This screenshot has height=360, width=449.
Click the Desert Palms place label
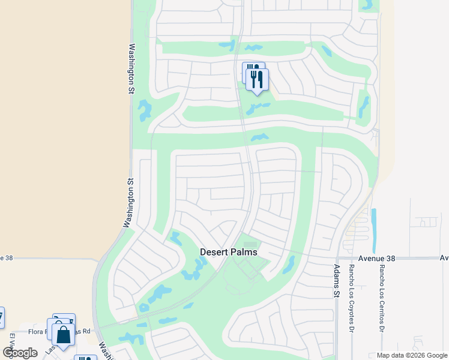(228, 252)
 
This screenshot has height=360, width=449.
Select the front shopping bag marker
(64, 335)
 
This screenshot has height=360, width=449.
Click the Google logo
(20, 353)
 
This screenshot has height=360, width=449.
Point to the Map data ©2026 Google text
(411, 355)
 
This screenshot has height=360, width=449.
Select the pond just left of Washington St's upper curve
(145, 109)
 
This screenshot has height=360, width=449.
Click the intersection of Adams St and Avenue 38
(336, 259)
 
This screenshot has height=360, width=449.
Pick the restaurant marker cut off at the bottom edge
(85, 358)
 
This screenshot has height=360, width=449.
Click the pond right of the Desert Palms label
(289, 263)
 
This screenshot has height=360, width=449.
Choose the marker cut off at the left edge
(1, 316)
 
